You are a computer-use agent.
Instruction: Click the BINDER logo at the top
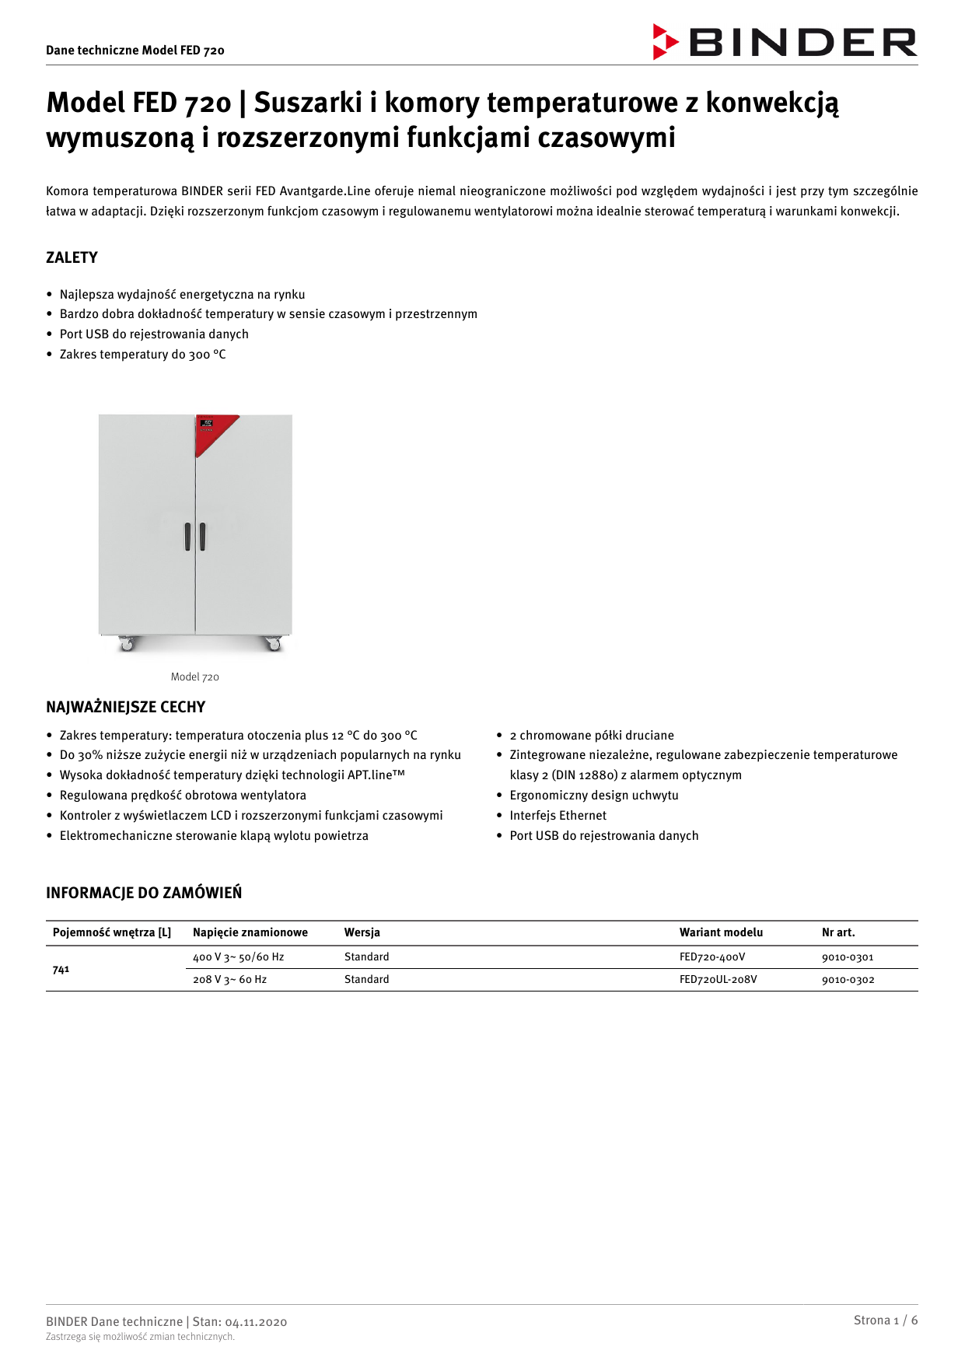785,42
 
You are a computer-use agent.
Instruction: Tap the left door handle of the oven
187,537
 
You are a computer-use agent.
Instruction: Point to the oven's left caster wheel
127,643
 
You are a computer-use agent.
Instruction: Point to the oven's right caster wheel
273,643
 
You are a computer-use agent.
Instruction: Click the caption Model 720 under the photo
195,677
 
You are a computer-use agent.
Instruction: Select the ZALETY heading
72,257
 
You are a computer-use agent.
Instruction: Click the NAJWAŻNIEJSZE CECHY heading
125,707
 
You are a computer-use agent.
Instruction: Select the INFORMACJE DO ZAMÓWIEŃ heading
144,893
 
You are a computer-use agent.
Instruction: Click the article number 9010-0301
848,957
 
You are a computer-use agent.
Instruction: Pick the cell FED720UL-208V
718,980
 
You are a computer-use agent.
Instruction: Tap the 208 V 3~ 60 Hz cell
229,980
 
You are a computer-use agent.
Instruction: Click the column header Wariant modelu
721,932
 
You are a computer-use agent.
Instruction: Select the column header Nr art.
838,932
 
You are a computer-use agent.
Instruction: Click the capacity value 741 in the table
61,969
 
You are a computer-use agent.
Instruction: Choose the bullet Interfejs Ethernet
558,815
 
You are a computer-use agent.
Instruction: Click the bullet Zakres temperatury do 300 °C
142,354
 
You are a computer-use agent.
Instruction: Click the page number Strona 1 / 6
885,1320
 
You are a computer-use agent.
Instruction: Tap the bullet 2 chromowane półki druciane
591,735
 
